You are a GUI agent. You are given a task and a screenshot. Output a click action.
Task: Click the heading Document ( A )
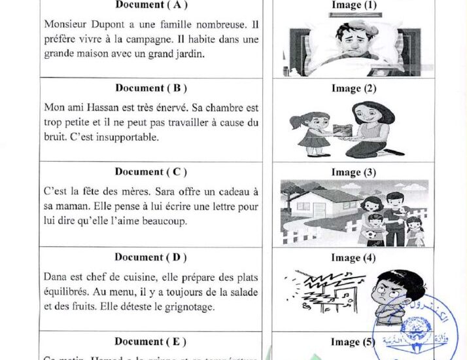pos(150,5)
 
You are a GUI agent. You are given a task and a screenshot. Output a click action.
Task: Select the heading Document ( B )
pos(150,88)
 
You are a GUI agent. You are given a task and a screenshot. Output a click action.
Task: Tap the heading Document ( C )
pos(150,172)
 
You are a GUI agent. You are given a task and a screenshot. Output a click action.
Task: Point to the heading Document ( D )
pos(150,257)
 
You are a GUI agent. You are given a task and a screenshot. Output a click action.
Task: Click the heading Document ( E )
pos(150,341)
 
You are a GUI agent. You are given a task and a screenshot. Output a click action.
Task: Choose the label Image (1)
pos(354,5)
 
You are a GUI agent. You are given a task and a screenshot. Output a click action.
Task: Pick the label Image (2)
pos(354,88)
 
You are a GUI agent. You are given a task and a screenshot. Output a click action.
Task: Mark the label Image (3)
pos(354,172)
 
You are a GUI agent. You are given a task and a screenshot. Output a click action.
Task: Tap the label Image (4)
pos(354,257)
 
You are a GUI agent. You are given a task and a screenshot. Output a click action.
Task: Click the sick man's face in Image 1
pos(352,39)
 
